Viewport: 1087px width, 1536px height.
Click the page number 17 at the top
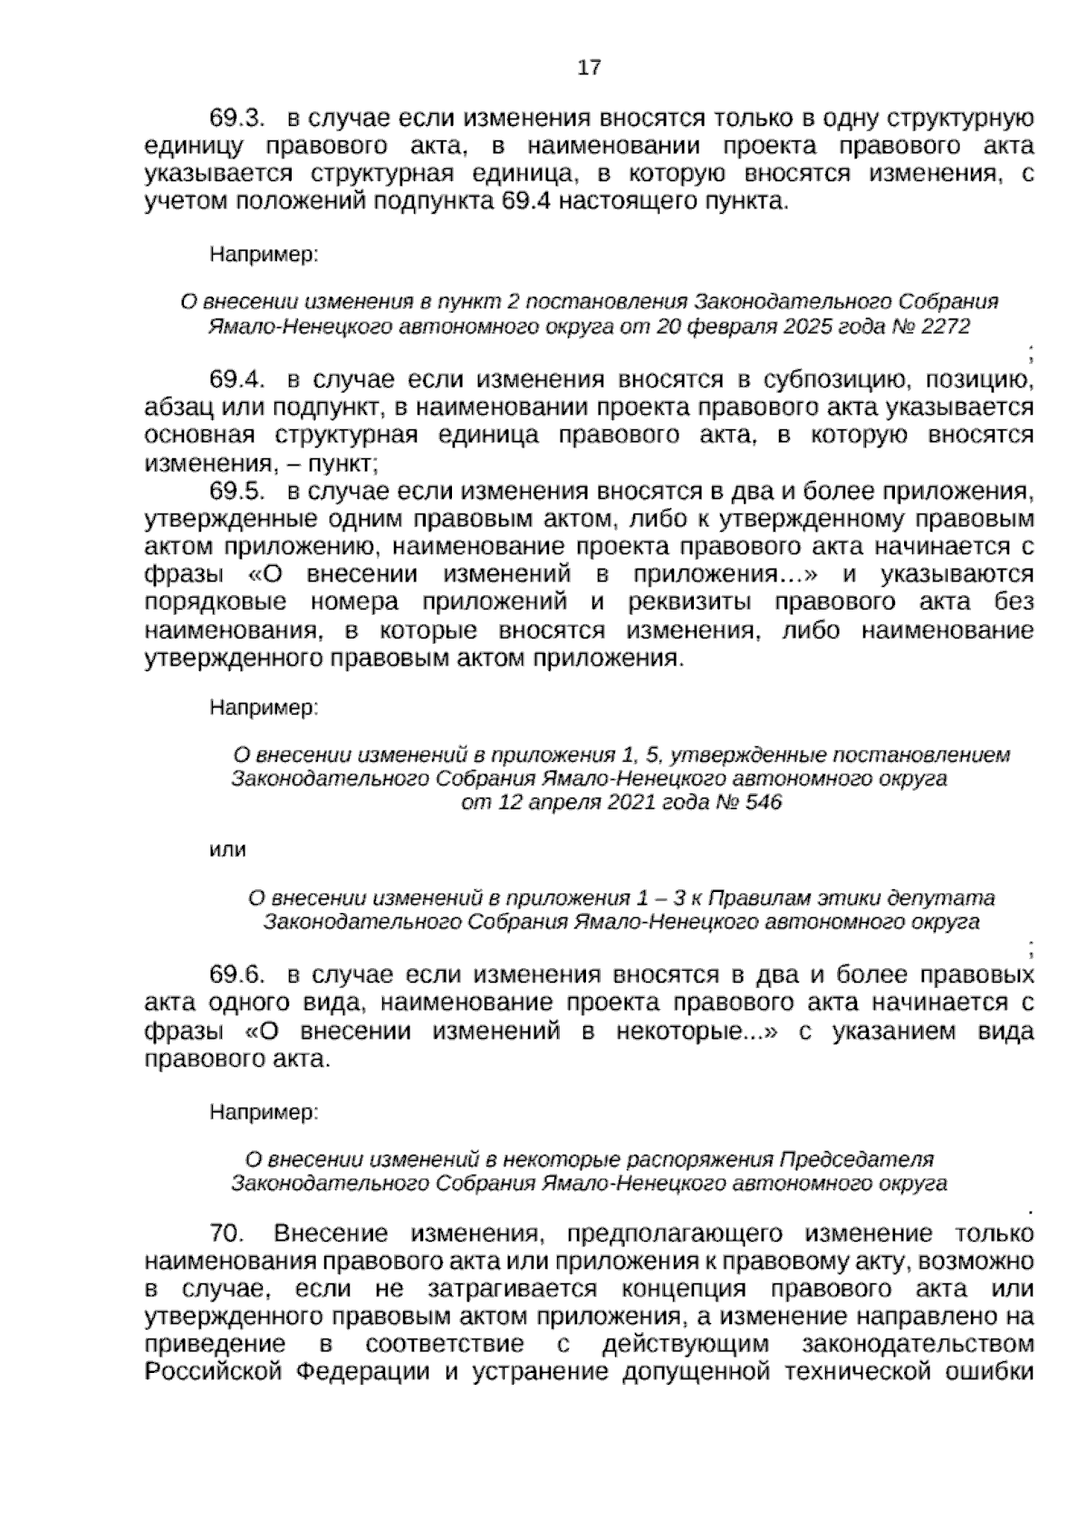[x=589, y=68]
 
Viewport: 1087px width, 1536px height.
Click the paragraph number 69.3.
[x=236, y=119]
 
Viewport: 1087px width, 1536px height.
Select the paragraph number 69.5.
[x=236, y=492]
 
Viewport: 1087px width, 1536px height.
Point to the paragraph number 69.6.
[x=236, y=974]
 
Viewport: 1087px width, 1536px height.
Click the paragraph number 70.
[x=228, y=1233]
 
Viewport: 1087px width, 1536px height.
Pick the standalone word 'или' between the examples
[x=227, y=850]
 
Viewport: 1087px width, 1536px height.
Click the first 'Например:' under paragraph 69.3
[x=264, y=255]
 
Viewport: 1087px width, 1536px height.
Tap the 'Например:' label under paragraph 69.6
[x=264, y=1110]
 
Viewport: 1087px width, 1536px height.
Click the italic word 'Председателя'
[x=857, y=1159]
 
